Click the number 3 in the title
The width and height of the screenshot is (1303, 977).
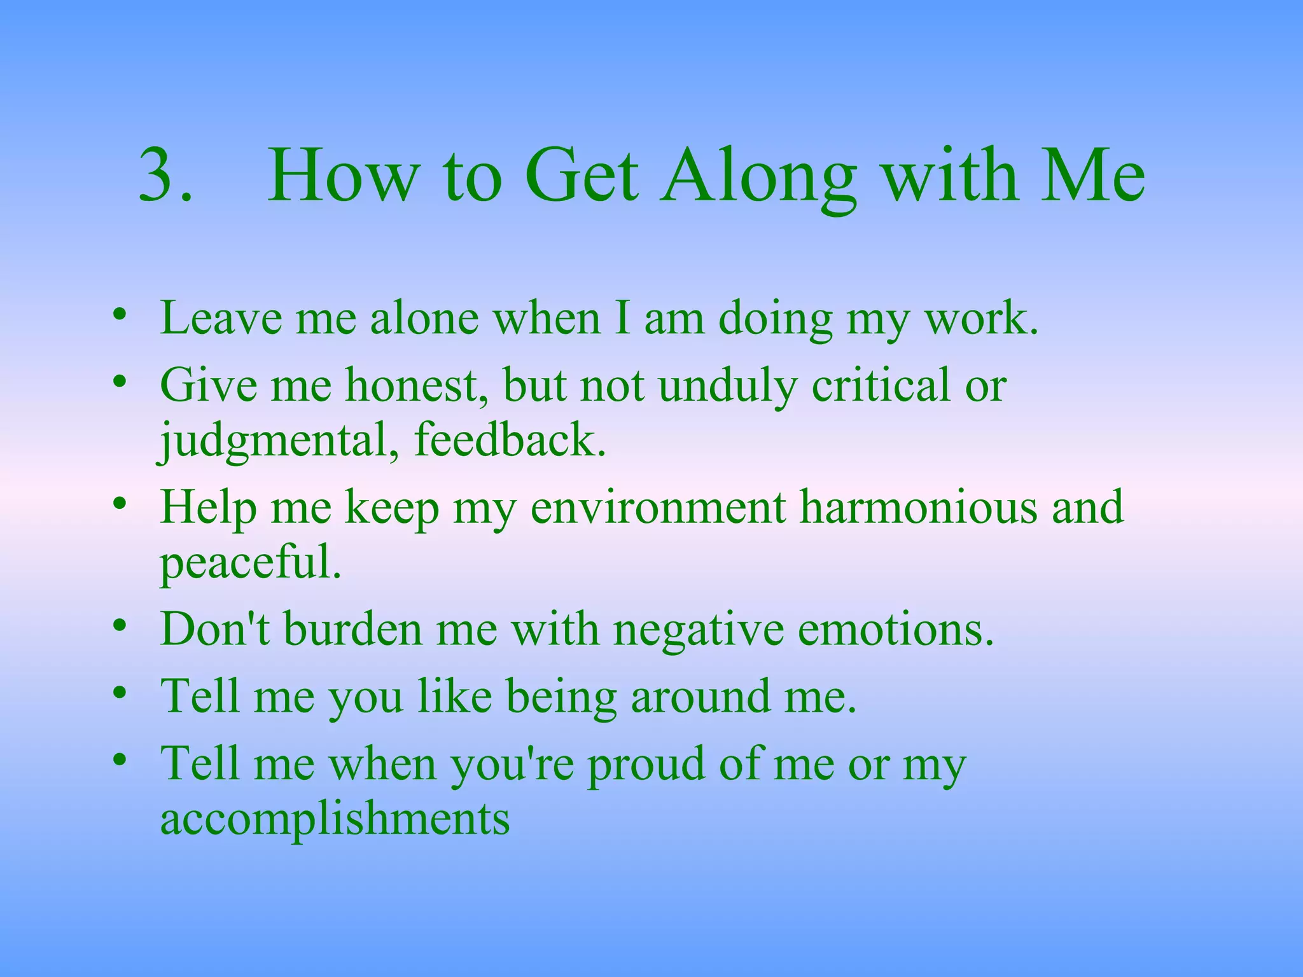pos(164,175)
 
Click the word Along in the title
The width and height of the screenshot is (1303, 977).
pos(758,175)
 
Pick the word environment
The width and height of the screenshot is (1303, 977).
pos(658,508)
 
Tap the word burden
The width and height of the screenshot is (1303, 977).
pos(352,629)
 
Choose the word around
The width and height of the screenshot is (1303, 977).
pos(700,696)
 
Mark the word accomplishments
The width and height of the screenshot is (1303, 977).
pos(335,819)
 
